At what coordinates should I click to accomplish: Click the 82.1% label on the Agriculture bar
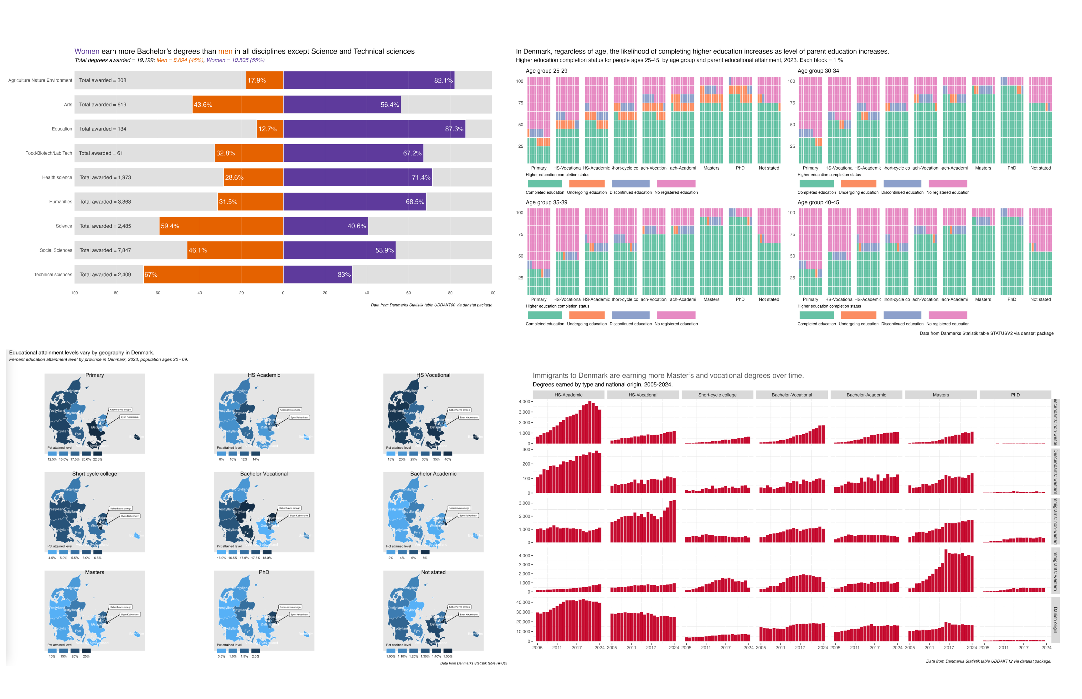(443, 80)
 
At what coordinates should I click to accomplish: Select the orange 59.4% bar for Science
(221, 226)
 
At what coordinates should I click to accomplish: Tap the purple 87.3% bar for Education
(374, 129)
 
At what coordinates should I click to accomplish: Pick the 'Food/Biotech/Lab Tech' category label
(49, 153)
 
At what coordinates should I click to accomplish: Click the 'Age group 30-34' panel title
(818, 71)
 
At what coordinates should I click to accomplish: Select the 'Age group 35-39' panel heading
(546, 202)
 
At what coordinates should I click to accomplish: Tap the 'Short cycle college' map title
(95, 473)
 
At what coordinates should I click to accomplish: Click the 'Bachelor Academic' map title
(433, 473)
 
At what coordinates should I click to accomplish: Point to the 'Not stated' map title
(433, 572)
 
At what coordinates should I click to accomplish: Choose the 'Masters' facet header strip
(940, 395)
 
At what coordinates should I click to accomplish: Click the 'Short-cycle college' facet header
(717, 395)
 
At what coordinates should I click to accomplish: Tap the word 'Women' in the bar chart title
(87, 51)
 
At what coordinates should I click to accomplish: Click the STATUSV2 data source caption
(986, 333)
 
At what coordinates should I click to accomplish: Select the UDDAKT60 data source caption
(431, 305)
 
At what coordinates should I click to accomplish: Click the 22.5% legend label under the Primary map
(98, 459)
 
